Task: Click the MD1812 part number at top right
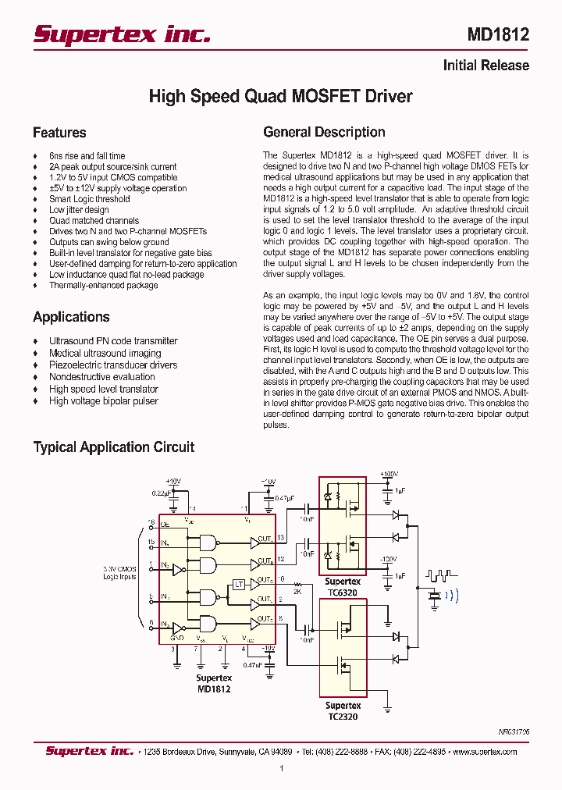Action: click(x=497, y=35)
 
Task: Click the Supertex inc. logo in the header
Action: click(x=121, y=34)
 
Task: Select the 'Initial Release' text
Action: click(x=486, y=66)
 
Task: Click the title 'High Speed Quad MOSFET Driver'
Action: click(x=280, y=97)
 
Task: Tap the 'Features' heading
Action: click(x=59, y=133)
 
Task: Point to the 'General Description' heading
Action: click(x=324, y=133)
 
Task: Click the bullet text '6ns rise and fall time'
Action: click(x=87, y=156)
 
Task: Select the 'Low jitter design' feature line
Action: click(x=79, y=210)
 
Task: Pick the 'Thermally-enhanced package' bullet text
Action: click(x=103, y=286)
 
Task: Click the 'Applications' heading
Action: click(x=71, y=317)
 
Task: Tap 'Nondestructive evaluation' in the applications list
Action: click(x=101, y=377)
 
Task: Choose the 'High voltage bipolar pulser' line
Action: click(x=103, y=401)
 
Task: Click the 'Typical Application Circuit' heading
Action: click(x=113, y=447)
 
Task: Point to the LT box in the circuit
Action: click(x=240, y=584)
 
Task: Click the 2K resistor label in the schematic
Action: click(x=297, y=591)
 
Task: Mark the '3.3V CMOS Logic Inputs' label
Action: click(x=119, y=573)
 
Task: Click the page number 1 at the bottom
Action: click(x=281, y=769)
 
